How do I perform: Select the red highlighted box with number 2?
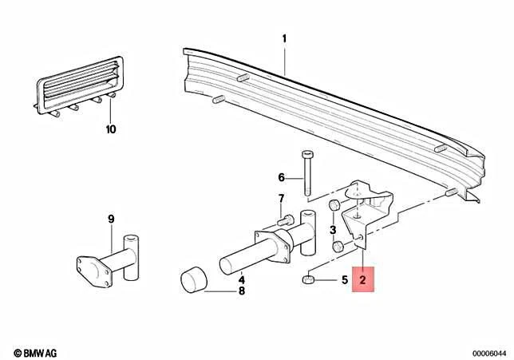click(363, 280)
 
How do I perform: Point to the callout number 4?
click(242, 279)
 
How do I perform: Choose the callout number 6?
click(281, 177)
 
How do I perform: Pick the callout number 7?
click(281, 199)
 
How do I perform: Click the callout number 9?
click(112, 218)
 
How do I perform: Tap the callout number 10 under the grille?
click(111, 128)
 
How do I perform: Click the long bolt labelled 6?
click(307, 172)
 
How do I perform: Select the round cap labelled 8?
click(192, 281)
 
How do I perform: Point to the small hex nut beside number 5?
click(309, 280)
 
